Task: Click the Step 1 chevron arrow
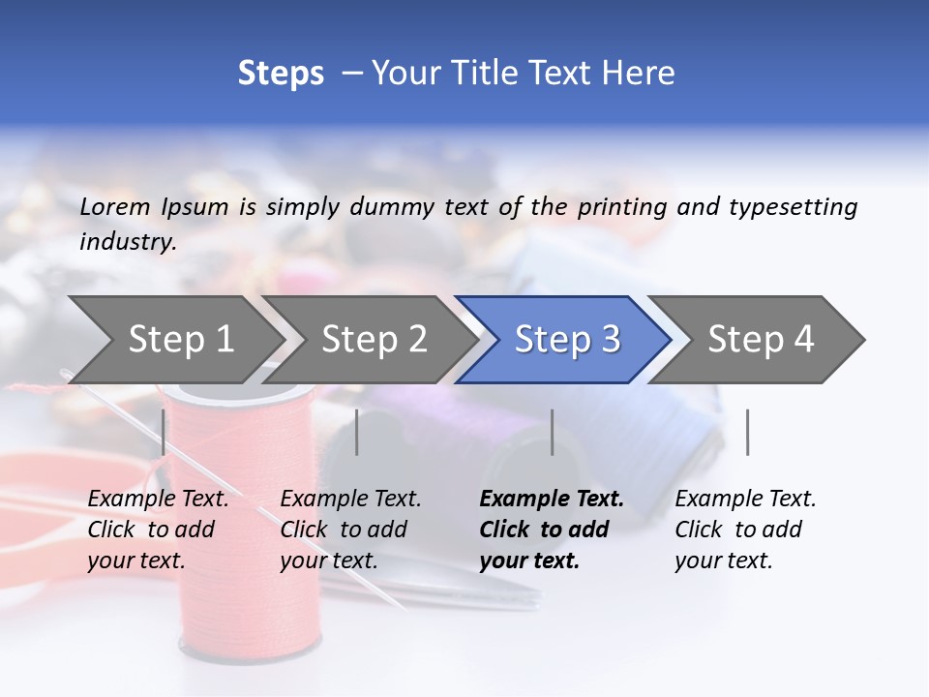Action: pos(180,339)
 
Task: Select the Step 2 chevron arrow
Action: pos(374,339)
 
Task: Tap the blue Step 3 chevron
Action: pos(567,339)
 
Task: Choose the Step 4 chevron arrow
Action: pos(761,339)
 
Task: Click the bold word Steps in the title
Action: pos(281,73)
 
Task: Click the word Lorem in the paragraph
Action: pos(115,206)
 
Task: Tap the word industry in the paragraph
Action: pos(127,241)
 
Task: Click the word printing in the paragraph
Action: pos(623,206)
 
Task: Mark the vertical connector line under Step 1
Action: pos(164,432)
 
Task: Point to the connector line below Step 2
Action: pos(357,432)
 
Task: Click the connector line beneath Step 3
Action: pos(552,432)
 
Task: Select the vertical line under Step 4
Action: pos(747,432)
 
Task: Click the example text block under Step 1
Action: pos(158,530)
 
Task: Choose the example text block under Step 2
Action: pos(350,530)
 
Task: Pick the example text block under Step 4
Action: pos(745,530)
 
